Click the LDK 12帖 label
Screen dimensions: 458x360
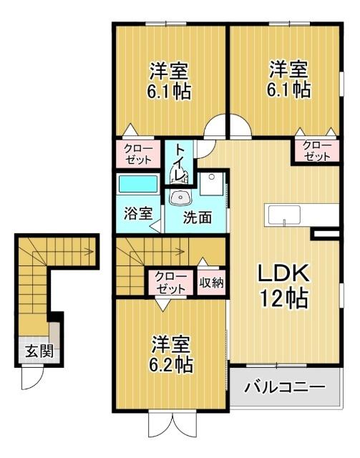[284, 284]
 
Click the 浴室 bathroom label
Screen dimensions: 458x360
[137, 213]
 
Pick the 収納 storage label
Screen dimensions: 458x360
[211, 282]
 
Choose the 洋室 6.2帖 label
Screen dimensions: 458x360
[171, 354]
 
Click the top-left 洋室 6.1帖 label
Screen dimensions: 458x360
[170, 81]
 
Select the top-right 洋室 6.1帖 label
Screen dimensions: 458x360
[289, 80]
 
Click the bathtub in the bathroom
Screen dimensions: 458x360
[137, 185]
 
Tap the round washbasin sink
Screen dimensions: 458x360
[179, 197]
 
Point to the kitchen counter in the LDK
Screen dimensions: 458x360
[301, 215]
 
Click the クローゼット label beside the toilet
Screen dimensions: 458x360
[138, 153]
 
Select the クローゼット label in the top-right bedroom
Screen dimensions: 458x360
[316, 152]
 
